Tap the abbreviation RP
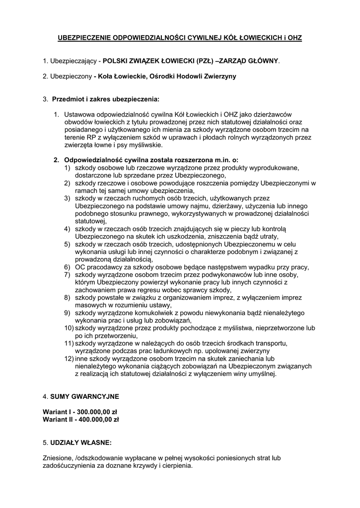tap(90, 138)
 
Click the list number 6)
tap(67, 267)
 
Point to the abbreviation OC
tap(80, 267)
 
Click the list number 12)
tap(68, 358)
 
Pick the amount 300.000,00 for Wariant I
tap(95, 412)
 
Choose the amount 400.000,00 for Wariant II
tap(96, 419)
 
